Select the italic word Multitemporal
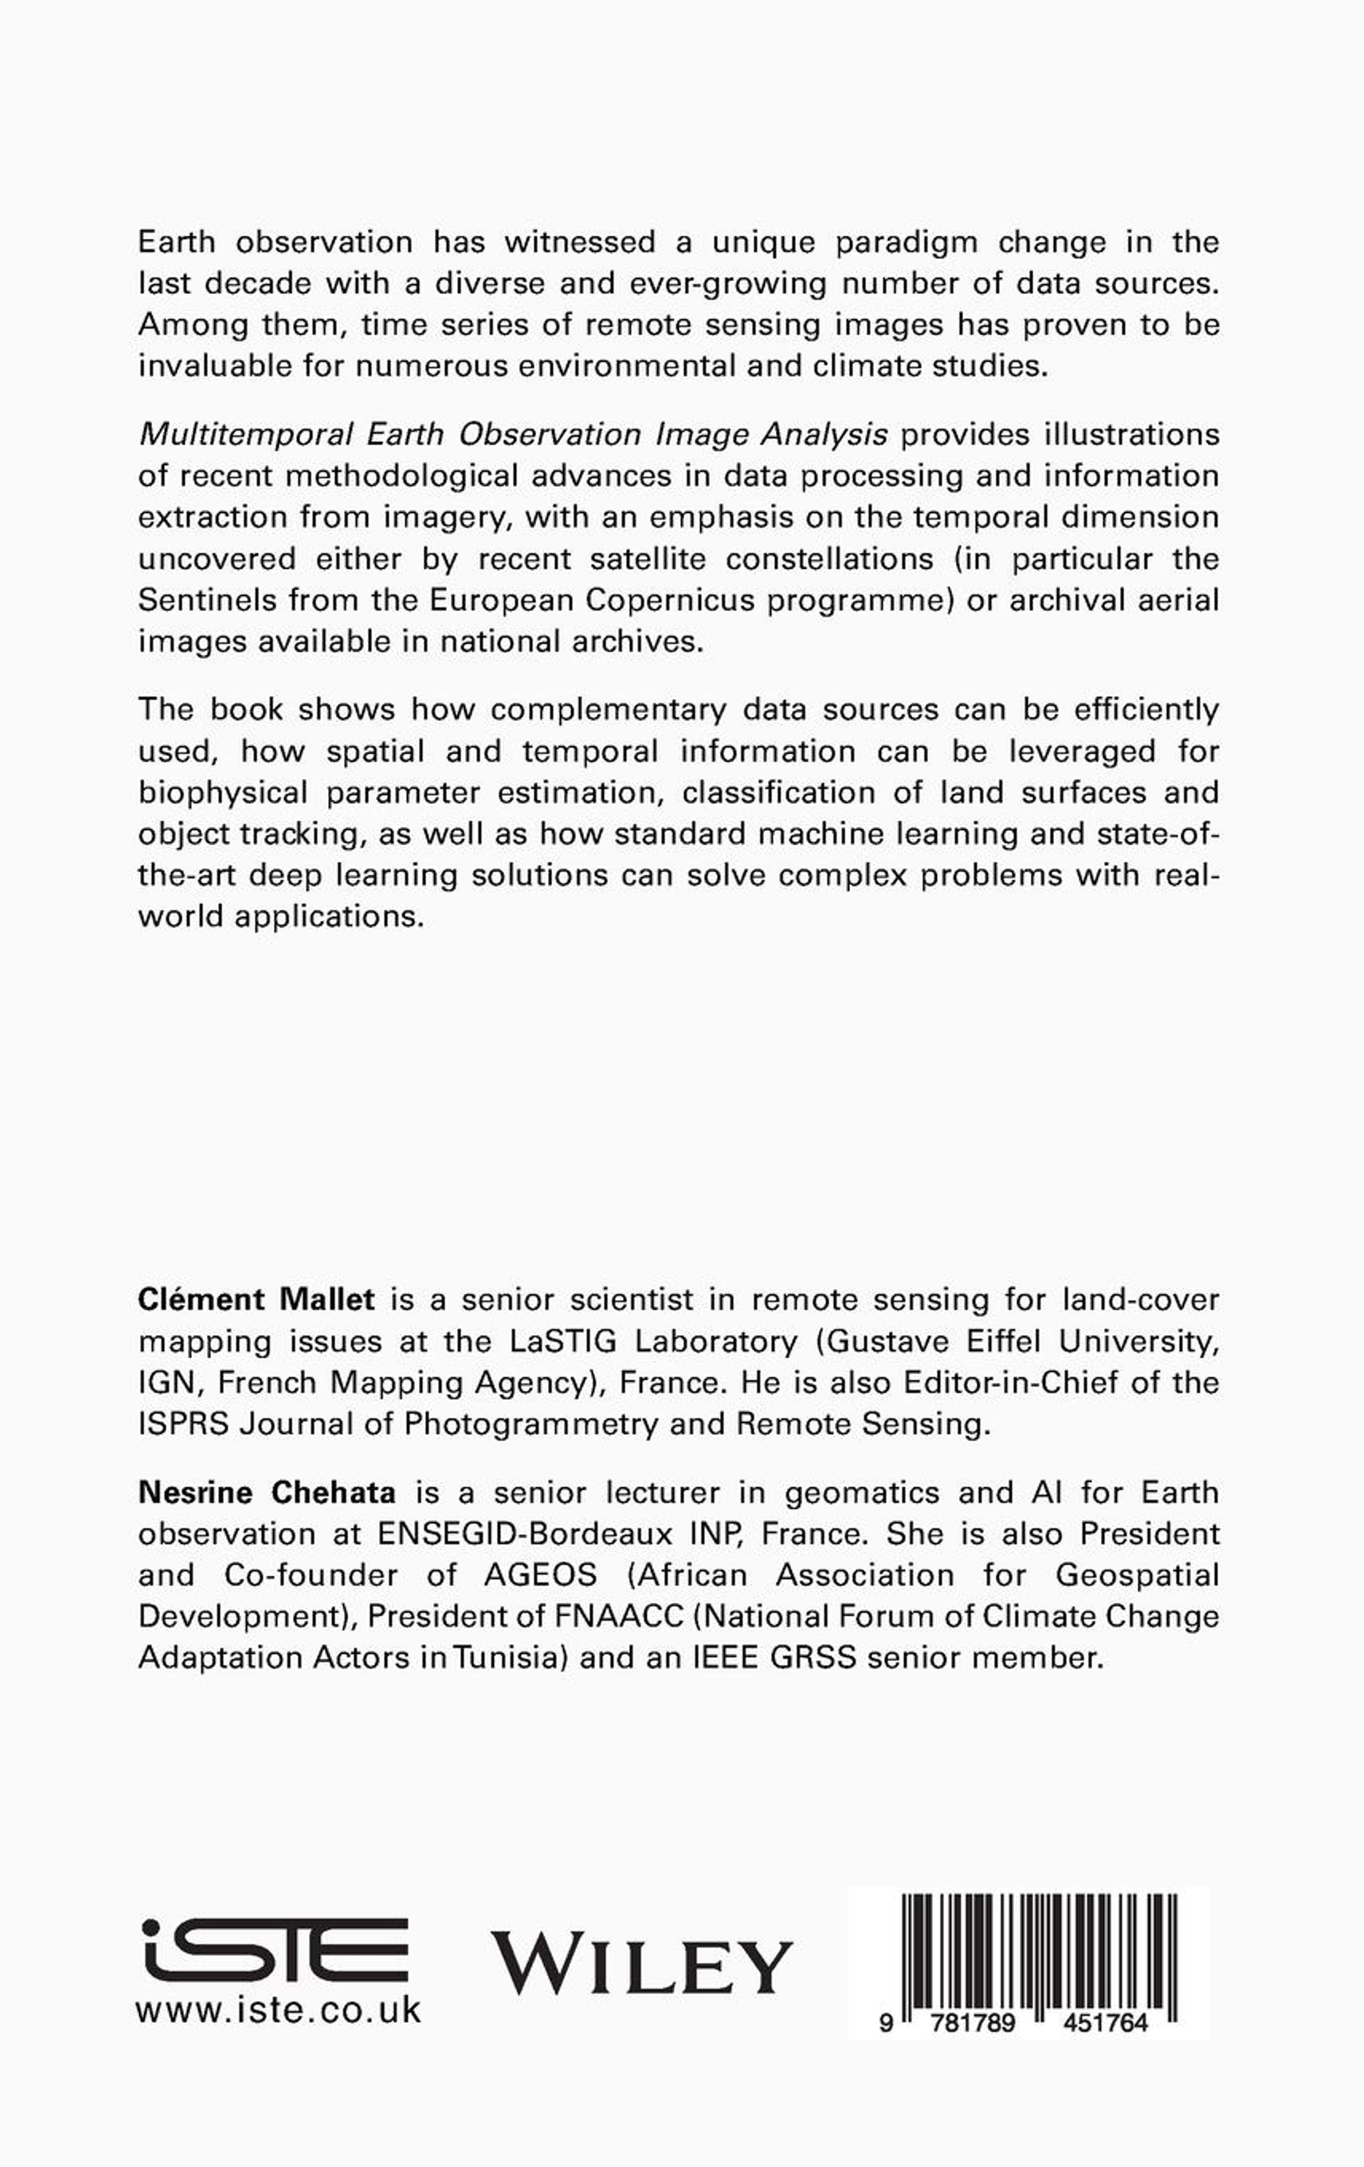tap(246, 435)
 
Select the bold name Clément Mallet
tap(256, 1300)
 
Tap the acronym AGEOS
tap(540, 1575)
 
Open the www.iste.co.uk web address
tap(278, 2010)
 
